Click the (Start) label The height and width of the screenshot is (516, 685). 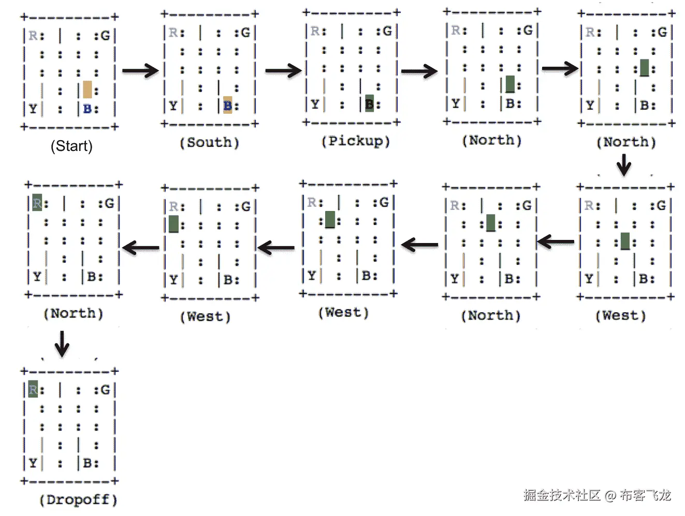pos(71,146)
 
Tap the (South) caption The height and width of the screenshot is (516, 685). pos(209,143)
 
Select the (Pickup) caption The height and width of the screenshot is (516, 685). pos(355,141)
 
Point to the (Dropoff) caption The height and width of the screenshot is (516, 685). pos(78,500)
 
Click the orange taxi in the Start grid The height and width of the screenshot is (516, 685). pos(88,89)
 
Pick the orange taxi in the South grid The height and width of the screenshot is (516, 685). pos(228,104)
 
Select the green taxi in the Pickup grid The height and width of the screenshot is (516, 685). pos(369,103)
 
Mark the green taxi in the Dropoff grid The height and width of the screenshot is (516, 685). pos(33,388)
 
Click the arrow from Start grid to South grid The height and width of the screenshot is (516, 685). pos(140,70)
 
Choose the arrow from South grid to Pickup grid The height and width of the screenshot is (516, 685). pos(283,70)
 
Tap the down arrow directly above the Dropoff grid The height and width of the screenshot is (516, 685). pos(62,343)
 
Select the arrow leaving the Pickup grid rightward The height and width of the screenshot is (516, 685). pos(419,71)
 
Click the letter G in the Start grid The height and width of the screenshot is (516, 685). pos(105,36)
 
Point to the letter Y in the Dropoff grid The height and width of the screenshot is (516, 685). pos(33,463)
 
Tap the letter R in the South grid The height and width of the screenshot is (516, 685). pos(173,33)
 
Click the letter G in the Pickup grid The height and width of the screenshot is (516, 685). pos(387,31)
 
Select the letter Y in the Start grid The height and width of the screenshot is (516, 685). pos(33,109)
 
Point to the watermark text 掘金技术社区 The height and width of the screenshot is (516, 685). pos(562,495)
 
